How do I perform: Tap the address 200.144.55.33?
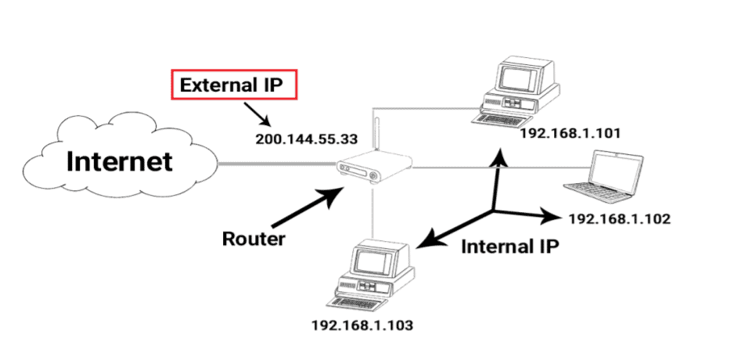click(x=306, y=139)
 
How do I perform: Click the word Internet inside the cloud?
click(x=119, y=161)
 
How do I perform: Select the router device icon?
click(x=372, y=169)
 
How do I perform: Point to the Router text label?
click(x=254, y=238)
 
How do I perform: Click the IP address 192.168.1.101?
click(x=570, y=133)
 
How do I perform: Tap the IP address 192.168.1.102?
click(x=619, y=218)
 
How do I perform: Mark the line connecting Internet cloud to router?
click(x=274, y=164)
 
